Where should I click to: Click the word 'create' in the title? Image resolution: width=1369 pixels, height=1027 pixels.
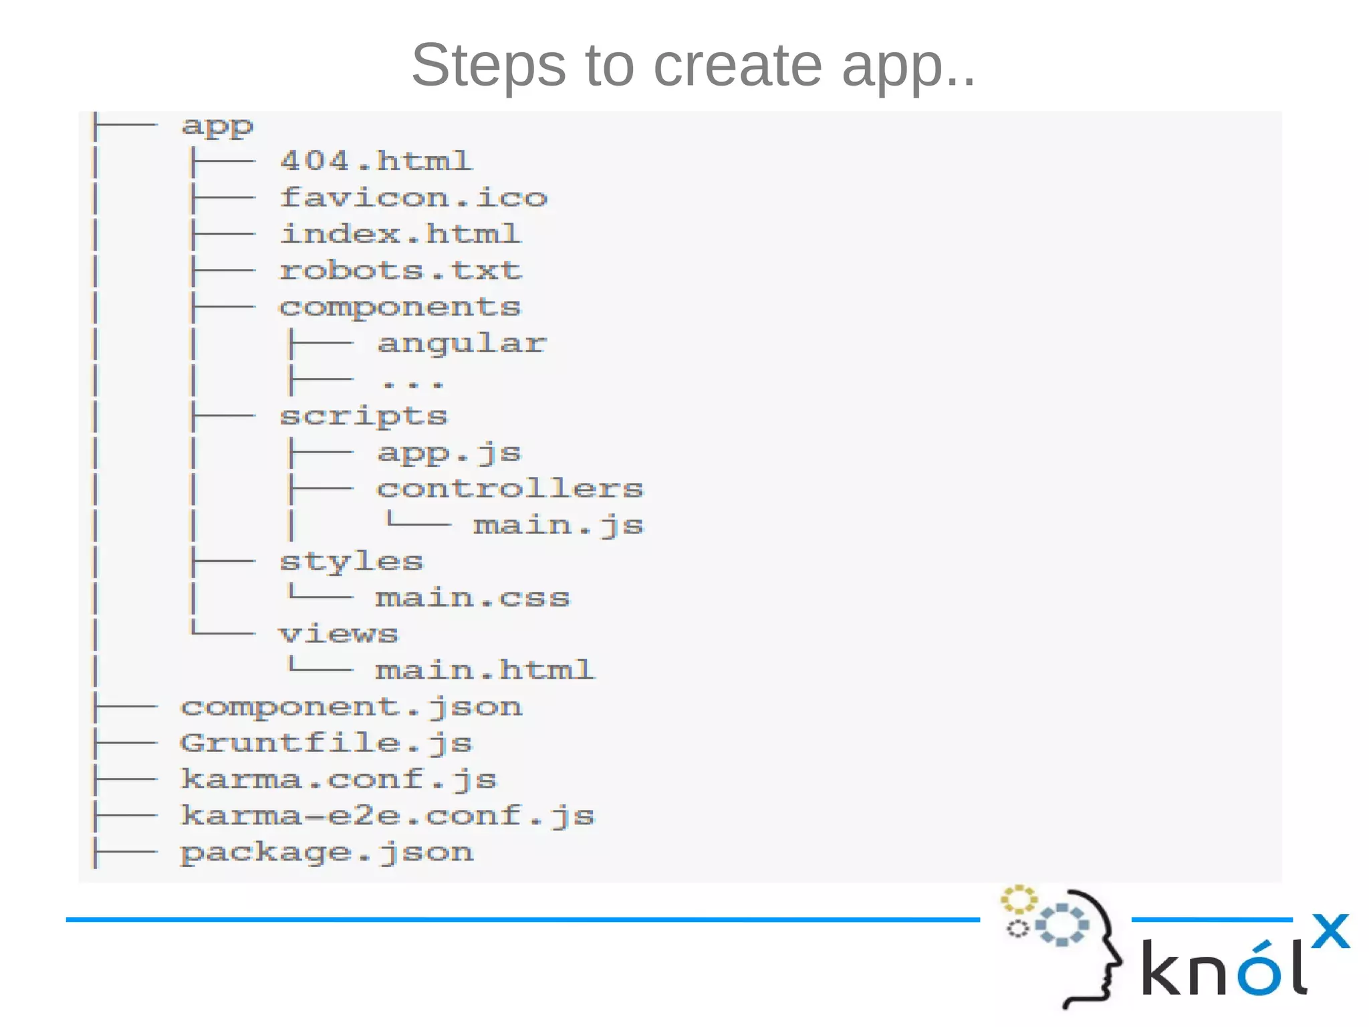pyautogui.click(x=737, y=66)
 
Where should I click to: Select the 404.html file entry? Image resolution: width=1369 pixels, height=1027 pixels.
pyautogui.click(x=376, y=161)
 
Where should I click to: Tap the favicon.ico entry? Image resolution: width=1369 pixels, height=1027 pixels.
pyautogui.click(x=413, y=197)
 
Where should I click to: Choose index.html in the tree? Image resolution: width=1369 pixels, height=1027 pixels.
pyautogui.click(x=400, y=234)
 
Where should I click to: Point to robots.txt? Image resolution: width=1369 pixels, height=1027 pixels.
pyautogui.click(x=400, y=270)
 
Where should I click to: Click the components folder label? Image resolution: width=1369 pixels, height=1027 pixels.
pyautogui.click(x=400, y=307)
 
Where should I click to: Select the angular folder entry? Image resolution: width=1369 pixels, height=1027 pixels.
pyautogui.click(x=461, y=344)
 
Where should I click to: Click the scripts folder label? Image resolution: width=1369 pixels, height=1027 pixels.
pyautogui.click(x=364, y=416)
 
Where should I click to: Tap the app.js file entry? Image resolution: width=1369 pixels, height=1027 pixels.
pyautogui.click(x=449, y=453)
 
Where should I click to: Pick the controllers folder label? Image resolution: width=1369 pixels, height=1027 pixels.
pyautogui.click(x=510, y=489)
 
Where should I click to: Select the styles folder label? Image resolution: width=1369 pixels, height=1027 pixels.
pyautogui.click(x=352, y=562)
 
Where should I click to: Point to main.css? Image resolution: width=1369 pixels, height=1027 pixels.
pyautogui.click(x=473, y=598)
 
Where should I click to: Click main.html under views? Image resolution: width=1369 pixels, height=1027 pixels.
pyautogui.click(x=485, y=670)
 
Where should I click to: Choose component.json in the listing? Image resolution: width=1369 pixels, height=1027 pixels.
pyautogui.click(x=352, y=707)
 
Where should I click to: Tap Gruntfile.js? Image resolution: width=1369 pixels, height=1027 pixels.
pyautogui.click(x=327, y=744)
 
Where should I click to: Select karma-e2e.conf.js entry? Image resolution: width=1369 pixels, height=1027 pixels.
pyautogui.click(x=388, y=816)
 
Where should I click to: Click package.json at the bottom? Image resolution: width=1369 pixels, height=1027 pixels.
pyautogui.click(x=327, y=852)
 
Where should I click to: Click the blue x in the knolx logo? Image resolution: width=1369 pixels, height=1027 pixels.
pyautogui.click(x=1330, y=931)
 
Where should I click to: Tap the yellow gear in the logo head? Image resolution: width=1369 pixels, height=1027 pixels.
pyautogui.click(x=1018, y=899)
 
